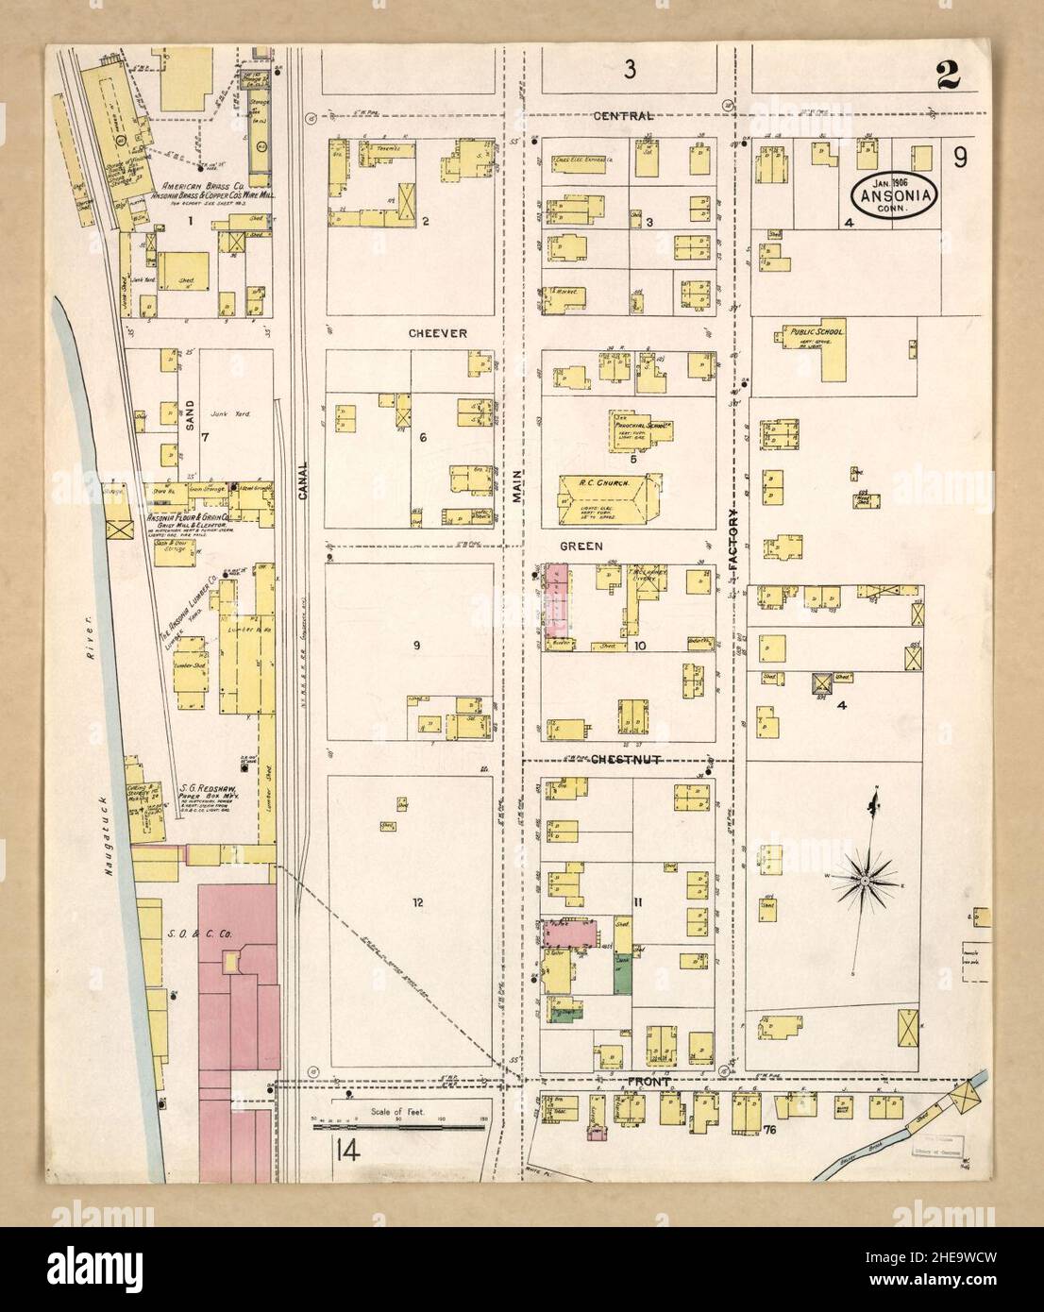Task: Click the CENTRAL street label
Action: (x=624, y=116)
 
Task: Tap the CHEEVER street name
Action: (x=433, y=333)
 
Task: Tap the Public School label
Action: (x=816, y=332)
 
